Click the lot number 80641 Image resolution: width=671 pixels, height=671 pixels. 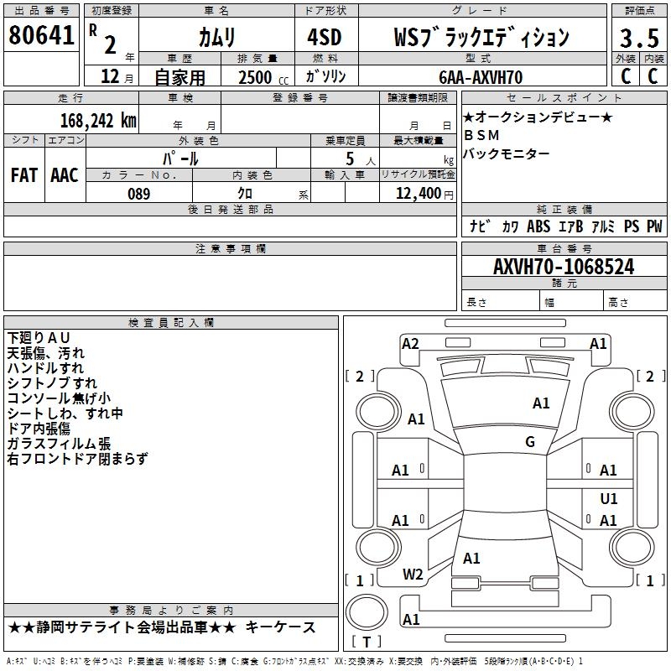[x=41, y=35]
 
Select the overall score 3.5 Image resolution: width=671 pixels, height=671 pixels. [x=637, y=38]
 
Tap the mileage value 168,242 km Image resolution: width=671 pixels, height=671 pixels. [x=98, y=120]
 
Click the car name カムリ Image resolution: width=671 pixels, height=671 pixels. [x=216, y=38]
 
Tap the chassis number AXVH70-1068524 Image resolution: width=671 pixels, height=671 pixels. [x=563, y=267]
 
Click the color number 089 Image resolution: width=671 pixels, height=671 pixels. [x=138, y=194]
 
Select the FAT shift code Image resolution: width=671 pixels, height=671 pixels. [x=23, y=174]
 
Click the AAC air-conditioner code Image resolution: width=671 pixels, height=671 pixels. [x=64, y=174]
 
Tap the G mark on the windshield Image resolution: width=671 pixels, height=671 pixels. [x=530, y=442]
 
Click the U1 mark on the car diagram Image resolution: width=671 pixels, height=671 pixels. [x=609, y=498]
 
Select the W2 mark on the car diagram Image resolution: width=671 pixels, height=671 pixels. [x=413, y=575]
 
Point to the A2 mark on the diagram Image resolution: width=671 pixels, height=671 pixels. [x=410, y=343]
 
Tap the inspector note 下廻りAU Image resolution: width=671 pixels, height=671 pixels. [x=39, y=337]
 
